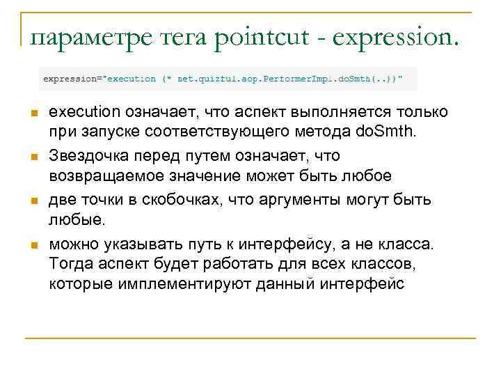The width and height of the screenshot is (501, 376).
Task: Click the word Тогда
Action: (x=69, y=265)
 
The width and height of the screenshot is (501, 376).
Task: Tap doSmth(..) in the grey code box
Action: (x=363, y=79)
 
